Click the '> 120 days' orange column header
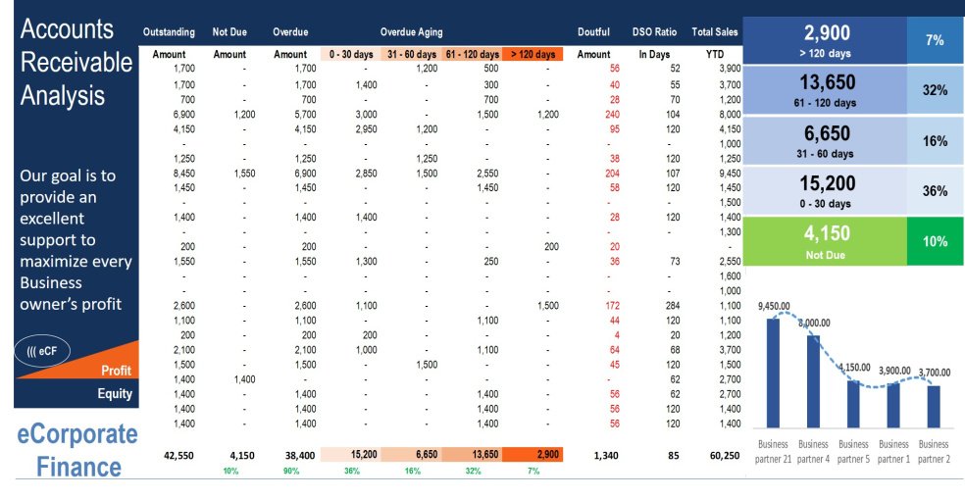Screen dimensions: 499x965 (533, 54)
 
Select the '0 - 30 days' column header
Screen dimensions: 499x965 (350, 54)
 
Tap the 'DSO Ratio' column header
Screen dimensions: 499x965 (653, 32)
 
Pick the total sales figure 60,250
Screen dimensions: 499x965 (723, 455)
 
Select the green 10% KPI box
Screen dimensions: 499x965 (935, 241)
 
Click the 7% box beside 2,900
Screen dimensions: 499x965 (935, 39)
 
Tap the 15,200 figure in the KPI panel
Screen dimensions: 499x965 (828, 183)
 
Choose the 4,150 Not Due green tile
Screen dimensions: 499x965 (828, 240)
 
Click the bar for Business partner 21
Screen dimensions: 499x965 (773, 372)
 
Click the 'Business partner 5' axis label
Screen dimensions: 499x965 (853, 451)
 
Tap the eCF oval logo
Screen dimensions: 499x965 (42, 349)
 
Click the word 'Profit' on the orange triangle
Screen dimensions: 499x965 (116, 371)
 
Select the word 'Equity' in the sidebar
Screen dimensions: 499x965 (115, 394)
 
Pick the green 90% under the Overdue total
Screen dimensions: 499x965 (290, 471)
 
